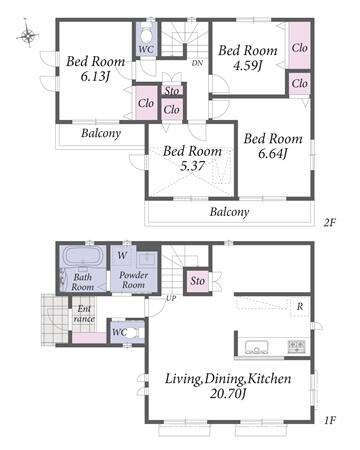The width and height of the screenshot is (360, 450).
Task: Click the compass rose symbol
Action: click(x=28, y=34)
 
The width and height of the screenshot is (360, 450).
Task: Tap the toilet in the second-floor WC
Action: click(x=146, y=34)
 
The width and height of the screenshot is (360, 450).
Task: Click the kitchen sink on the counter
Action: click(x=257, y=348)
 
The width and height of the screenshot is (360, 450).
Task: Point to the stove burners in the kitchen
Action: click(x=296, y=346)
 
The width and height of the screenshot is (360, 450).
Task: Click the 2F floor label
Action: click(x=330, y=222)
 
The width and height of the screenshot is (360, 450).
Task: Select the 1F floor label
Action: click(x=330, y=420)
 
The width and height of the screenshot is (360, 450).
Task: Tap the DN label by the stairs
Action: click(x=197, y=63)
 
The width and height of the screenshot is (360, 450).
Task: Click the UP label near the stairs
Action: click(x=171, y=299)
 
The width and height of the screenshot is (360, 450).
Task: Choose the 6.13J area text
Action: click(x=95, y=77)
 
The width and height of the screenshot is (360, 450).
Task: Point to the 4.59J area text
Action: click(x=247, y=66)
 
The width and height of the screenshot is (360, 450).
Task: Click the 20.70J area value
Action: click(x=228, y=394)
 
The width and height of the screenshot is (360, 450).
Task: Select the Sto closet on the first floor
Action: click(x=197, y=281)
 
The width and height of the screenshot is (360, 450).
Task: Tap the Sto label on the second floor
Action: click(x=172, y=91)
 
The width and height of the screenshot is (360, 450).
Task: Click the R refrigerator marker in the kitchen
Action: click(x=300, y=306)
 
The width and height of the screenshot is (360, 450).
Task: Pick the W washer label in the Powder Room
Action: click(x=122, y=255)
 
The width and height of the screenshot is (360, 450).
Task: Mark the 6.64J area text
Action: click(x=273, y=153)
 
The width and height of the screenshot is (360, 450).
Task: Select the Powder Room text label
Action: click(x=133, y=280)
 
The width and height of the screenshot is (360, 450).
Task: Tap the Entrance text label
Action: click(x=84, y=314)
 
